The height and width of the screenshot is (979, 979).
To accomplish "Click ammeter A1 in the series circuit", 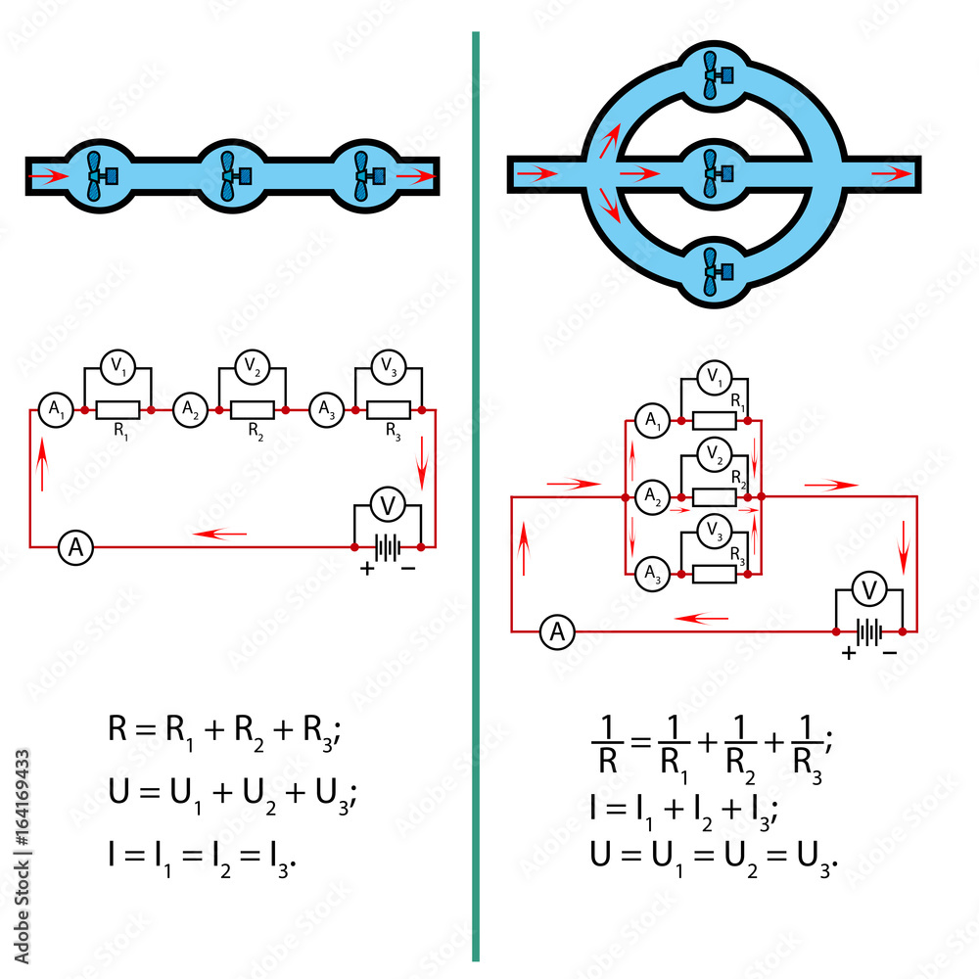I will pyautogui.click(x=51, y=410).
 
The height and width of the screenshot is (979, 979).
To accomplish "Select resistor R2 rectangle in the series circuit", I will pyautogui.click(x=253, y=410).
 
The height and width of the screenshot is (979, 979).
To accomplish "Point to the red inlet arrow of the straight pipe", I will pyautogui.click(x=51, y=177).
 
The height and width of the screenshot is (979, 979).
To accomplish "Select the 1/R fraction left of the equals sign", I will pyautogui.click(x=607, y=744).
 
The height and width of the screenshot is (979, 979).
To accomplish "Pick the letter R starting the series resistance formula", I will pyautogui.click(x=119, y=729).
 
